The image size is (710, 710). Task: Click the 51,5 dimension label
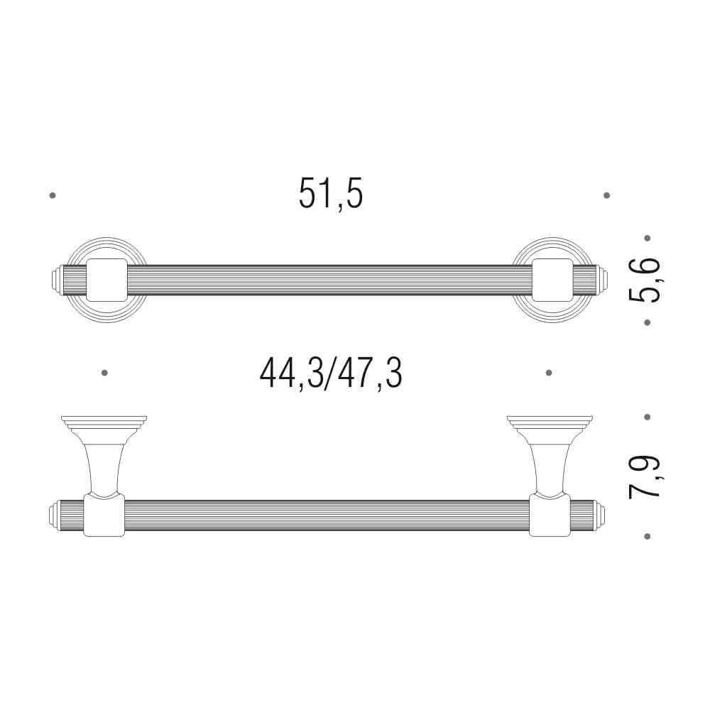pyautogui.click(x=331, y=193)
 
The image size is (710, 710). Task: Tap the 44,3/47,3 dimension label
pyautogui.click(x=331, y=373)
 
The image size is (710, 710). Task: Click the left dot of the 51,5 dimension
pyautogui.click(x=53, y=196)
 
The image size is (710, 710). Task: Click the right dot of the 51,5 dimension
pyautogui.click(x=607, y=196)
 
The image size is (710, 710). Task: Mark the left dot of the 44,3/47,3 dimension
pyautogui.click(x=104, y=373)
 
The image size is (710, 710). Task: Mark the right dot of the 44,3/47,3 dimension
pyautogui.click(x=549, y=373)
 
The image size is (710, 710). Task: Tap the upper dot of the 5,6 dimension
pyautogui.click(x=648, y=238)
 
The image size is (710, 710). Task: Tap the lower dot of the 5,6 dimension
pyautogui.click(x=648, y=322)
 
